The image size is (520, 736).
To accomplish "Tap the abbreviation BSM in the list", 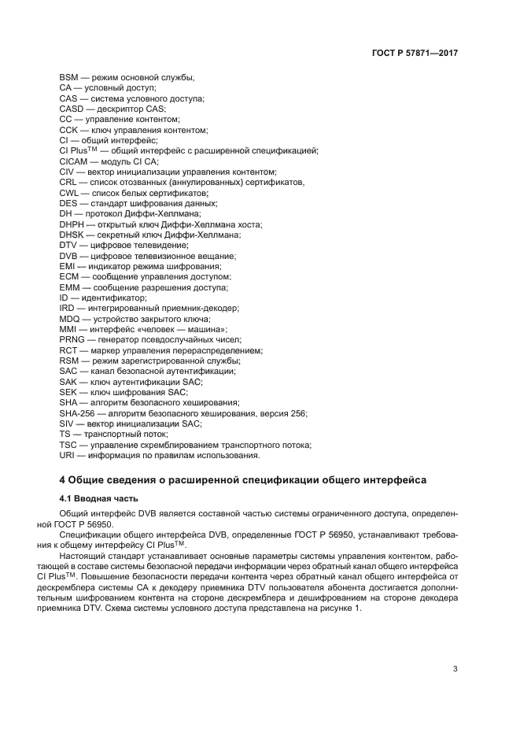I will pos(69,77).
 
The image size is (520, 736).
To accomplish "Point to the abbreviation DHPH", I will pos(72,224).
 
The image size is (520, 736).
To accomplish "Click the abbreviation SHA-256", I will pos(77,413).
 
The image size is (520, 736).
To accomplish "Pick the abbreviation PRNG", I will pos(72,339).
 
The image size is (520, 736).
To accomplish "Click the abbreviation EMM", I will pos(70,287).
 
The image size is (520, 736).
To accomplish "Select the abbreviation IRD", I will pos(68,308).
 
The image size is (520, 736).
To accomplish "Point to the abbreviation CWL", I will pos(70,192).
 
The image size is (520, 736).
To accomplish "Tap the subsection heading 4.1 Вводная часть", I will pos(98,497).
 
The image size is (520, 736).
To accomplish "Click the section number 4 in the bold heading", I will pos(63,479).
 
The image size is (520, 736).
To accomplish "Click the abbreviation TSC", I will pos(69,445).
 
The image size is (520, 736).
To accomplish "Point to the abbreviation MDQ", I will pos(70,319).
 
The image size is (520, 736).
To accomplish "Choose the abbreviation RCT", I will pos(69,350).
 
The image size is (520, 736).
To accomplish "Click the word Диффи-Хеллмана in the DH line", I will pos(164,213).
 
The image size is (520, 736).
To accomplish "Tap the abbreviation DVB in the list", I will pos(69,256).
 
